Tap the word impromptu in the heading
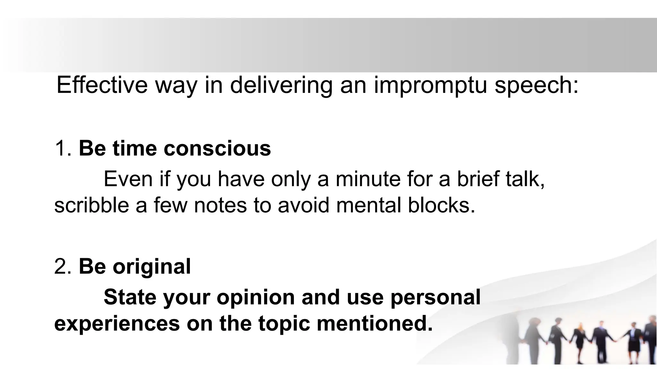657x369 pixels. (x=430, y=86)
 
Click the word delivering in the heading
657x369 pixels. (x=281, y=86)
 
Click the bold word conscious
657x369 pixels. (x=217, y=149)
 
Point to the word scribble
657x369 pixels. (x=91, y=205)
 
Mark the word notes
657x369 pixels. (x=220, y=205)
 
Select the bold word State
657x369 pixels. (x=130, y=297)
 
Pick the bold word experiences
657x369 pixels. (x=117, y=324)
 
